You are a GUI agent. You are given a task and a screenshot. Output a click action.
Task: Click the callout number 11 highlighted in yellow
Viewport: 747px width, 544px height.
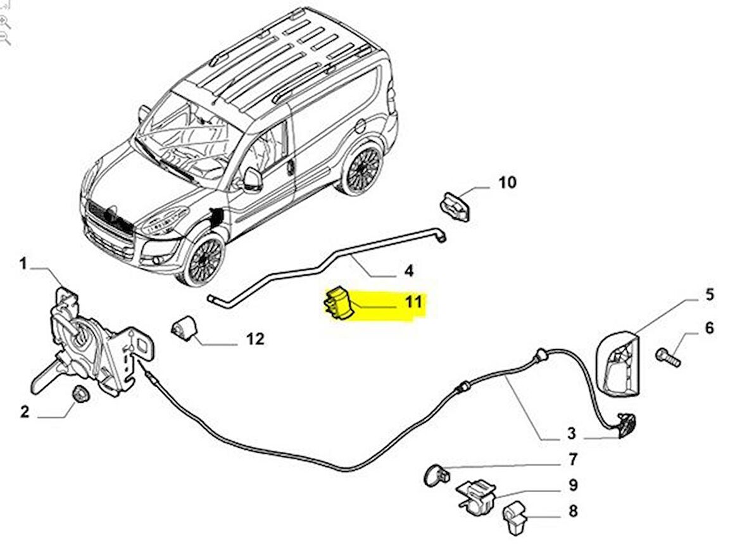[x=413, y=301]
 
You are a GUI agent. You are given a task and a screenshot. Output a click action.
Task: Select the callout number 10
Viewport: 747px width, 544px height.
[x=507, y=183]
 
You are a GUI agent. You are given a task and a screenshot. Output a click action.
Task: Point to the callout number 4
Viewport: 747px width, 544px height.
[x=408, y=271]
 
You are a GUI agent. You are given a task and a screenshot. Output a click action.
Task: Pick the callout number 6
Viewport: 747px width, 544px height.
[x=708, y=327]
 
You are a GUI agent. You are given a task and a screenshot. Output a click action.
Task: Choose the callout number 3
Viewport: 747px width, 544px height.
[x=571, y=434]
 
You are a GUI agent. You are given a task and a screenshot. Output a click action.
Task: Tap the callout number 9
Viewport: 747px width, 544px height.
[x=572, y=485]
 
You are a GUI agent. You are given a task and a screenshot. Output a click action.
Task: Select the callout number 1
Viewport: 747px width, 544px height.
[x=23, y=263]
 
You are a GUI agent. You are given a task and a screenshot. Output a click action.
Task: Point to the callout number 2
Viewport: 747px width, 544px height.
[x=24, y=412]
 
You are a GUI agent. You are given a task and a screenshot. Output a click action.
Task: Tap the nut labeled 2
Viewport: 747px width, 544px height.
[x=81, y=394]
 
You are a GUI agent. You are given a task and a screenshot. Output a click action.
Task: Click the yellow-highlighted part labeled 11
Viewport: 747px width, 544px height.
[x=338, y=304]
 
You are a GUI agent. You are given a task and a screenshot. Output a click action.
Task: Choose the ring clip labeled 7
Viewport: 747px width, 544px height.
[x=434, y=473]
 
